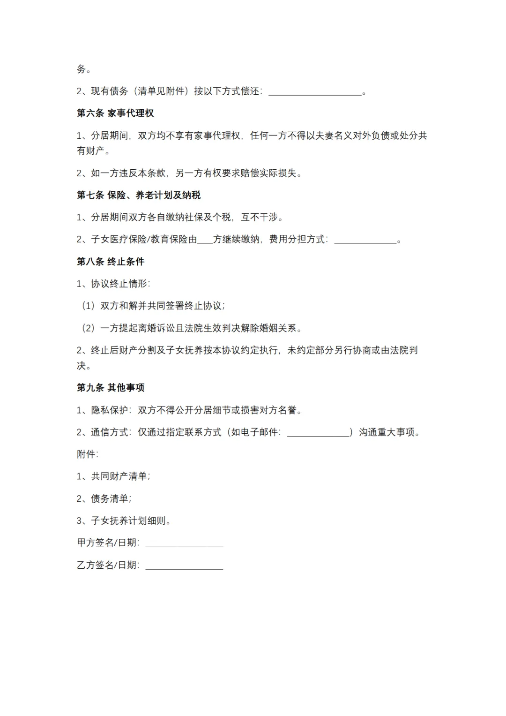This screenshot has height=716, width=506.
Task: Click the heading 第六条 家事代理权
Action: coord(115,113)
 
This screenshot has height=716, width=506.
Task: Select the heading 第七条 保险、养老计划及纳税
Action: coord(139,195)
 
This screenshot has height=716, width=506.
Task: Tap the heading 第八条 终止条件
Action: coord(111,262)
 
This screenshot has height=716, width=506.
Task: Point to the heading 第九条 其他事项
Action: coord(111,388)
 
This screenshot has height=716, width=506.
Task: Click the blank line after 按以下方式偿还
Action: coord(315,93)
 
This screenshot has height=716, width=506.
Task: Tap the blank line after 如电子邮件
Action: coord(319,433)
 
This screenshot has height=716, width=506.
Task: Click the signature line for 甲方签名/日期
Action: coord(184,544)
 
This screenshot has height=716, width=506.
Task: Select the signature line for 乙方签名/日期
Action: coord(184,567)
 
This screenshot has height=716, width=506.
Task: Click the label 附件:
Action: coord(88,454)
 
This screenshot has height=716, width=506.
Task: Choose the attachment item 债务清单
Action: coord(109,498)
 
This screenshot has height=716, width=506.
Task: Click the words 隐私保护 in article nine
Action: coord(109,410)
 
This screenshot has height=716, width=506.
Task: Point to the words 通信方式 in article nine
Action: coord(109,432)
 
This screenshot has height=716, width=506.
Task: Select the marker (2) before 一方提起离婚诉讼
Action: coord(88,328)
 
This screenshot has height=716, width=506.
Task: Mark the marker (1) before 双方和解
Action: coord(88,306)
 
